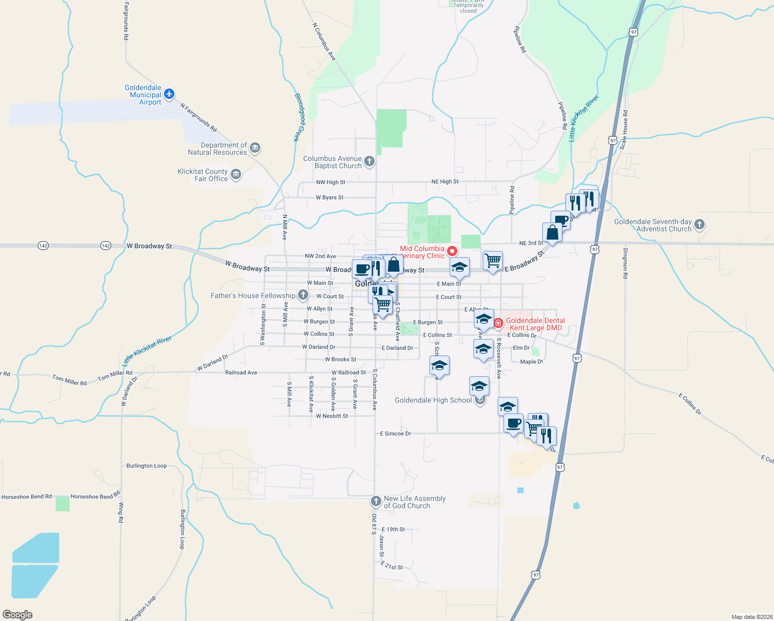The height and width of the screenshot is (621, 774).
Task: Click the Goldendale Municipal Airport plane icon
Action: coord(169,94)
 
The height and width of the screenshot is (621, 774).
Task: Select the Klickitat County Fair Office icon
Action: coord(236,174)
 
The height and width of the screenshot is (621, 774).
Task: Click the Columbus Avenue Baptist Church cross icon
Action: coord(369,161)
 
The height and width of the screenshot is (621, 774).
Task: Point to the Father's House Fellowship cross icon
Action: coord(303,295)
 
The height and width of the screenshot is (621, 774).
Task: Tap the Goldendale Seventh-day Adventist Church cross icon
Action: coord(699,225)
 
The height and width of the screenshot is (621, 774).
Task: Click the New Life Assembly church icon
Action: coord(376,501)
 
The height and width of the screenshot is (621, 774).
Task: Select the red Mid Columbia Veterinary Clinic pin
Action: coord(452,251)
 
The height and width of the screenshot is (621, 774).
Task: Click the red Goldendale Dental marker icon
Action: coord(498,323)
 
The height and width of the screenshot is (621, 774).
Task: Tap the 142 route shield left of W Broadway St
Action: coord(106,246)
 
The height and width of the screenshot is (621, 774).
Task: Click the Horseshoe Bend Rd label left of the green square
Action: coord(26,497)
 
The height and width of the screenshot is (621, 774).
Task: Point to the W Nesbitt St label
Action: coord(332,416)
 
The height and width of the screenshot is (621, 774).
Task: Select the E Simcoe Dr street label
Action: coord(395,434)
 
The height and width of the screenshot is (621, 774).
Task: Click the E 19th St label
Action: coord(393,529)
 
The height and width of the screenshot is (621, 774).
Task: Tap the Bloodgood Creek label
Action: coord(300,117)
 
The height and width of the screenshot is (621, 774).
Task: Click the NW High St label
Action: coord(331,182)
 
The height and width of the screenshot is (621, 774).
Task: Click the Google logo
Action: coord(18,615)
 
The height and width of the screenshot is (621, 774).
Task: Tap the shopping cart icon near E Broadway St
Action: coord(493,260)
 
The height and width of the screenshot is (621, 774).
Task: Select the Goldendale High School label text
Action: coord(433,400)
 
